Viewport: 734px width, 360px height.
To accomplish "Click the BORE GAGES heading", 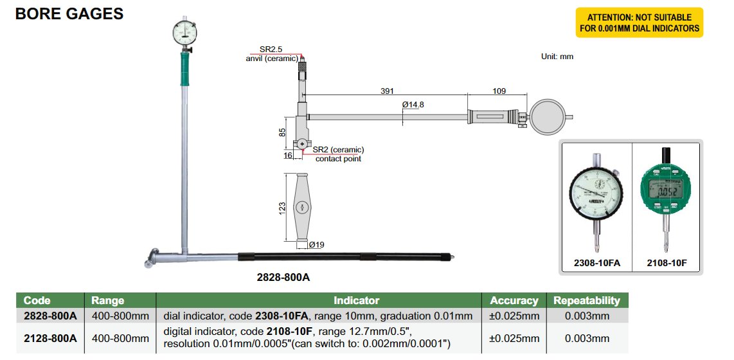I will pyautogui.click(x=69, y=14).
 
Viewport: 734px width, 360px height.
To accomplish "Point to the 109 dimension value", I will pyautogui.click(x=499, y=91).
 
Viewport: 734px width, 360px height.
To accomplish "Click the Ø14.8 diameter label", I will pyautogui.click(x=415, y=104).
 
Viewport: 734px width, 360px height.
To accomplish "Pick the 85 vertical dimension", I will pyautogui.click(x=282, y=132).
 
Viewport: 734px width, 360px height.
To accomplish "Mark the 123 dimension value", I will pyautogui.click(x=282, y=210).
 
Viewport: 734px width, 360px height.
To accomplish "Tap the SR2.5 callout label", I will pyautogui.click(x=271, y=49).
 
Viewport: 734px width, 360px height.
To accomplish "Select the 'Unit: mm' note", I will pyautogui.click(x=557, y=57).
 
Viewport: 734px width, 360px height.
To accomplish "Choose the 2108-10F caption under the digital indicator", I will pyautogui.click(x=666, y=264).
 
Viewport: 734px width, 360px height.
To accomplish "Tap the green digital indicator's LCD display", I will pyautogui.click(x=665, y=190).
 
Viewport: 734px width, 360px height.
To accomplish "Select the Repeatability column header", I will pyautogui.click(x=587, y=300).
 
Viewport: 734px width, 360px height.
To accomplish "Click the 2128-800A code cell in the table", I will pyautogui.click(x=50, y=338).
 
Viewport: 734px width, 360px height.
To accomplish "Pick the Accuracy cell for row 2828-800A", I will pyautogui.click(x=514, y=316).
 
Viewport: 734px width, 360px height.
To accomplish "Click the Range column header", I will pyautogui.click(x=107, y=300).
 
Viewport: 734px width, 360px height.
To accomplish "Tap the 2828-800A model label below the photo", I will pyautogui.click(x=283, y=278).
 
